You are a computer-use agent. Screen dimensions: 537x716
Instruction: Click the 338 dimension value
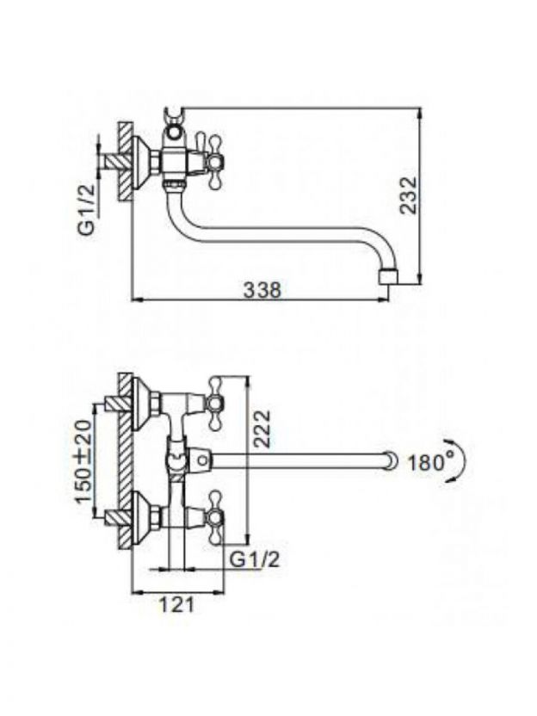pos(262,290)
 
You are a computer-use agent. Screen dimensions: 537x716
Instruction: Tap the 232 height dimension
pos(408,194)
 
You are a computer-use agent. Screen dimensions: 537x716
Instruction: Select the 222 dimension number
pos(262,429)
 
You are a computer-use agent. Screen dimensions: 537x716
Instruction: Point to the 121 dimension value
pos(176,605)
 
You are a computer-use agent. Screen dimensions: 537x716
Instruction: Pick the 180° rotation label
pos(427,463)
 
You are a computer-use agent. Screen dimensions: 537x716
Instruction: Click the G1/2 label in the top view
pos(87,208)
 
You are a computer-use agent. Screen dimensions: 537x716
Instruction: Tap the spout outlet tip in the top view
pos(389,277)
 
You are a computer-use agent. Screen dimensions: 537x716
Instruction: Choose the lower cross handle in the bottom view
pos(215,518)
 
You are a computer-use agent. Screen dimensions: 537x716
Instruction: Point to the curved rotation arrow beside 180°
pos(460,462)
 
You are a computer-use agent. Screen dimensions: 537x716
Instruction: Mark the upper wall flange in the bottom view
pos(145,404)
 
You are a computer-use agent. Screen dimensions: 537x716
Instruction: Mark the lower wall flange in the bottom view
pos(145,519)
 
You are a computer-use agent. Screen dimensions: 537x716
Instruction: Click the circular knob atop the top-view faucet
pos(173,133)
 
